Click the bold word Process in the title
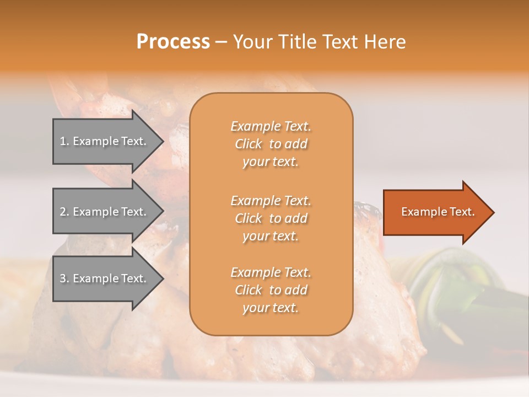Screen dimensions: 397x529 [173, 42]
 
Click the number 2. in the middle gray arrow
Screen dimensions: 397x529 [64, 212]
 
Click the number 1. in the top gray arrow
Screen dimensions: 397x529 [64, 141]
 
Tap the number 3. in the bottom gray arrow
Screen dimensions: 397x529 [64, 278]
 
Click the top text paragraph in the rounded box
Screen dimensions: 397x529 [271, 144]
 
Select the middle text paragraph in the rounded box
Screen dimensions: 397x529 [271, 218]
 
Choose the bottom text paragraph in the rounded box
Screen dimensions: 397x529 [271, 290]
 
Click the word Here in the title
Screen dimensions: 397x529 [385, 42]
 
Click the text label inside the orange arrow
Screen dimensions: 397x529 [438, 212]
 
